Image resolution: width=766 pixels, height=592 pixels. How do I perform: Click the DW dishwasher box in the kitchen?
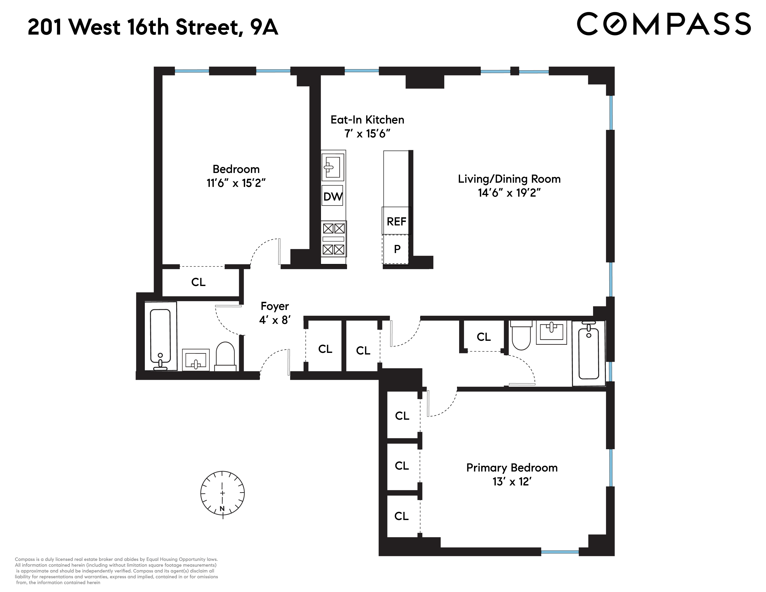tap(332, 196)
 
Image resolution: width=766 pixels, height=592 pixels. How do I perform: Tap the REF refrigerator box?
tap(396, 221)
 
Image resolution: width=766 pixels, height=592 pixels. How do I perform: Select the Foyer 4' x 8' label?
tap(275, 313)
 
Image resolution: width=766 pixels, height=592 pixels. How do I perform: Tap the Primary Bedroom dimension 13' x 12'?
tap(512, 481)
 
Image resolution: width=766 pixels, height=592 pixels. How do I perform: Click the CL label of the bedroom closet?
tap(198, 282)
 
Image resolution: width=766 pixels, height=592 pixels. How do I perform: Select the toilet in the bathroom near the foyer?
tap(225, 356)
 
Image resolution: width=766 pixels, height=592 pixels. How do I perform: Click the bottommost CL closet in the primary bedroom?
tap(402, 516)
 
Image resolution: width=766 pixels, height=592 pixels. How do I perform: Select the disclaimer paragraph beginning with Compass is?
tap(116, 571)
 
